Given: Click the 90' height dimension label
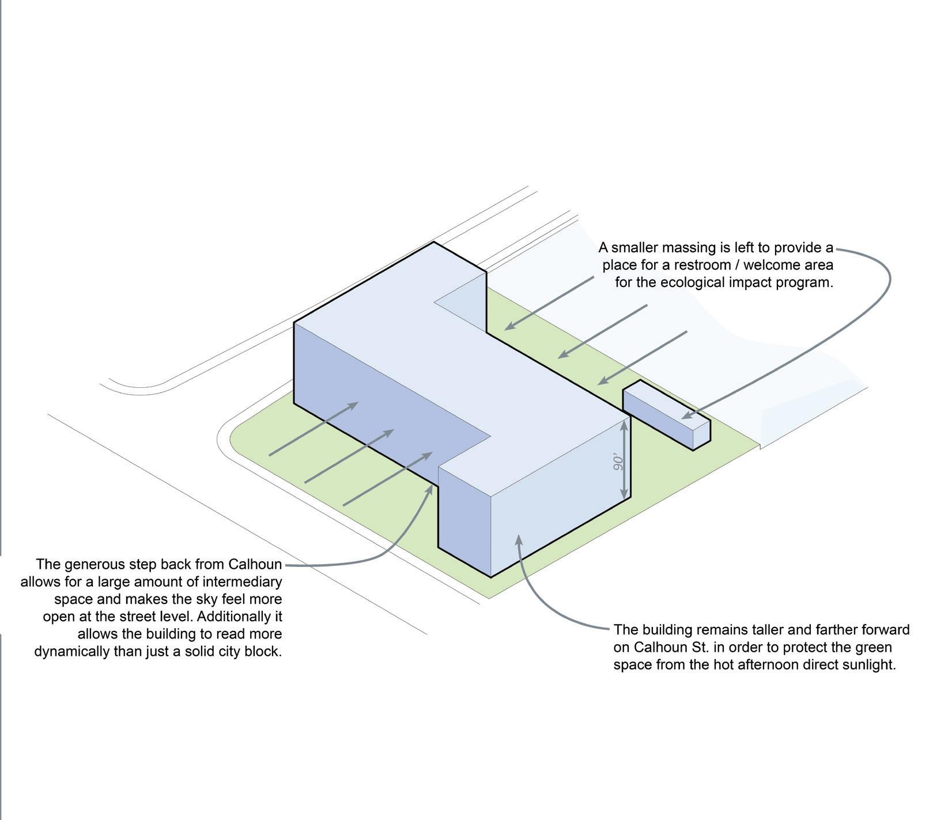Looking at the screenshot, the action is [x=618, y=462].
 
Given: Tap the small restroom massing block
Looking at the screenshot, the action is [x=666, y=413].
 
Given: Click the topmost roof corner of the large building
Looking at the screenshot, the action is [x=433, y=243].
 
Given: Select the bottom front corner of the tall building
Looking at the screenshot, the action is [x=490, y=576].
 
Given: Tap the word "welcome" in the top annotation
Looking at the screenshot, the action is [x=768, y=265].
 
